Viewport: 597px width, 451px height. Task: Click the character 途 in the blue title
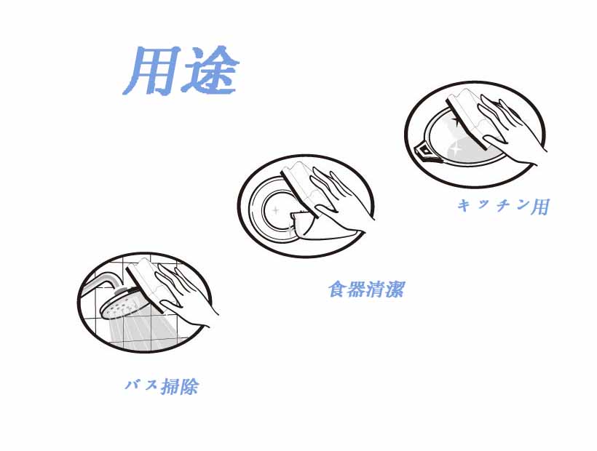pos(210,71)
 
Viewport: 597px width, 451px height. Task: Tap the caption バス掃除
pos(162,386)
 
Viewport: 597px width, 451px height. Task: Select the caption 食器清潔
pos(366,289)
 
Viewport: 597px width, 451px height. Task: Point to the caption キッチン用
pos(503,206)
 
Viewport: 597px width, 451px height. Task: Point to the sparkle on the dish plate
pos(276,209)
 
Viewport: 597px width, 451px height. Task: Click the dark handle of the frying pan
pos(425,151)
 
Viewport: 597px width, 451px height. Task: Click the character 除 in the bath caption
pos(189,387)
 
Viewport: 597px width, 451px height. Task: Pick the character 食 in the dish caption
pos(338,289)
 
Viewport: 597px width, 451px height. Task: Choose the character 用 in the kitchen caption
pos(540,207)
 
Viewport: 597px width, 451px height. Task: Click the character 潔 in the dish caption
pos(395,290)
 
